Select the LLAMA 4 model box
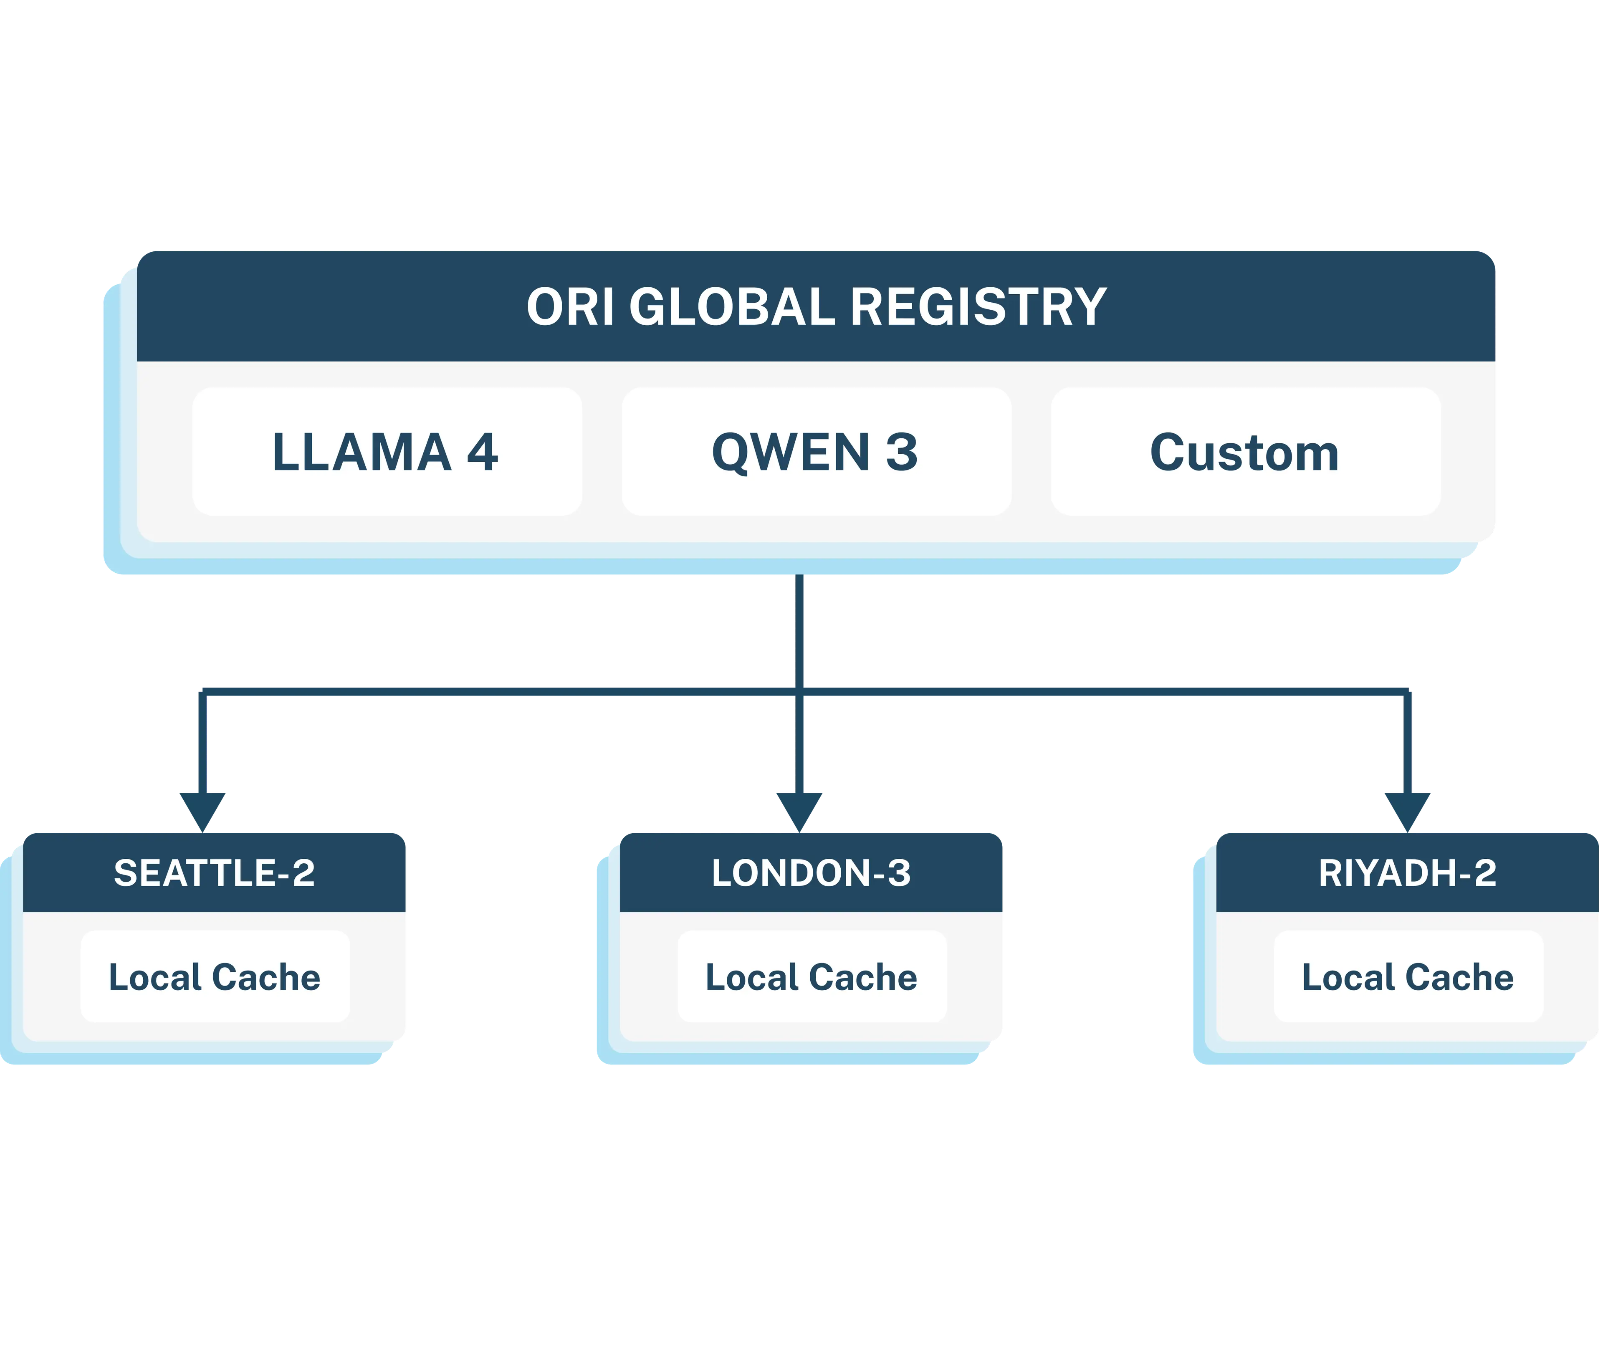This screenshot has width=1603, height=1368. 387,452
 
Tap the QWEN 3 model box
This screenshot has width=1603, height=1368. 816,452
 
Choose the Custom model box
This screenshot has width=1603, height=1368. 1246,452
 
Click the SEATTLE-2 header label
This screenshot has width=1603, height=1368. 214,873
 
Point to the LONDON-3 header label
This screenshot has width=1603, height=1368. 811,873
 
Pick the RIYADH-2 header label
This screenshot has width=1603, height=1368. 1407,873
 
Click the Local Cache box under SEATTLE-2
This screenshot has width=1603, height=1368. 215,976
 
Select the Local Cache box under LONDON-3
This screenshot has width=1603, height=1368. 812,976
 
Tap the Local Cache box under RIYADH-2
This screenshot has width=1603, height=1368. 1408,976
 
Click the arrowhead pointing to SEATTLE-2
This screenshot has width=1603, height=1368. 203,811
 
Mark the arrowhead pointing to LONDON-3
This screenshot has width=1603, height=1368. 799,811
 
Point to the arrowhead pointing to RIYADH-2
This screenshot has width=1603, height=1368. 1407,811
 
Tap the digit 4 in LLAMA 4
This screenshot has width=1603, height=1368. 483,452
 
